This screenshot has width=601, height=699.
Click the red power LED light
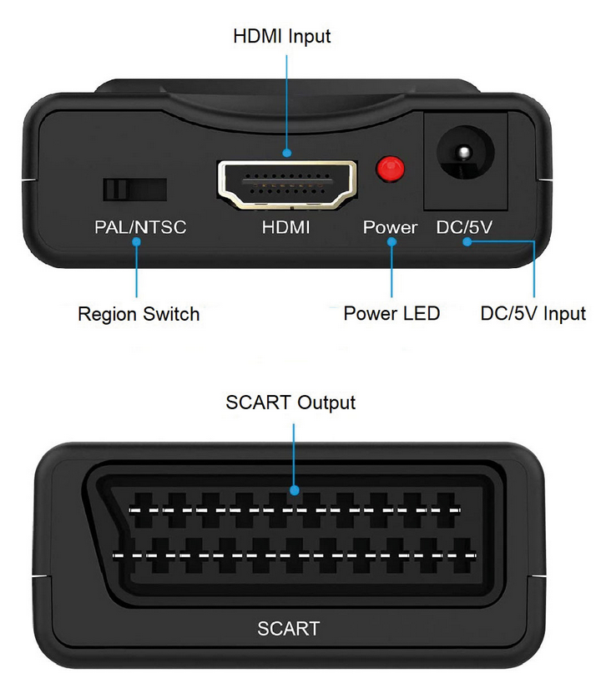tap(391, 169)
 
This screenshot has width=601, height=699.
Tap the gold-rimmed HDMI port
tap(287, 185)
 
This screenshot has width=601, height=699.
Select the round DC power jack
tap(465, 153)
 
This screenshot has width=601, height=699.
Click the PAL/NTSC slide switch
tap(134, 190)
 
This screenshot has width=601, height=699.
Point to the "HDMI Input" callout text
tap(281, 37)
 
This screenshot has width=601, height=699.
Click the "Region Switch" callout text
tap(139, 314)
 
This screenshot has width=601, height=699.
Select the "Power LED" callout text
tap(391, 313)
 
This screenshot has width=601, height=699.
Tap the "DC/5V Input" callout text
tap(533, 313)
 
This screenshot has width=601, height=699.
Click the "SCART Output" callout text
tap(290, 403)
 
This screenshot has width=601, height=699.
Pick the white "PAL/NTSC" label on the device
tap(140, 227)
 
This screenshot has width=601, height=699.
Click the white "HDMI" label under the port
tap(285, 227)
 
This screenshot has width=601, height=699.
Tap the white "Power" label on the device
tap(391, 227)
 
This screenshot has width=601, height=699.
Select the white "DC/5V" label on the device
tap(464, 227)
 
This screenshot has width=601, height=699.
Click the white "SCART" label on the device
tap(289, 629)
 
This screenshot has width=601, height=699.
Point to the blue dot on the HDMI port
tap(287, 153)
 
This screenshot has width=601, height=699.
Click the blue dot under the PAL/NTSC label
tap(136, 241)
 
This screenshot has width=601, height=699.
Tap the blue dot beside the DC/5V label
tap(467, 241)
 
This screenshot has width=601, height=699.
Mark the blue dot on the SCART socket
tap(294, 491)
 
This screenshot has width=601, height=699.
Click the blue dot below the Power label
tap(391, 241)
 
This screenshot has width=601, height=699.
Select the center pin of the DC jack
tap(464, 153)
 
